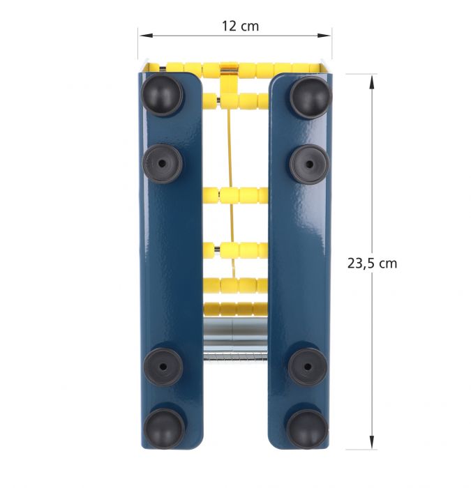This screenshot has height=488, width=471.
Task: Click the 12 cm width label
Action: tap(240, 26)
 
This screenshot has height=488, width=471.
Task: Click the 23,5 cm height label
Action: tap(372, 264)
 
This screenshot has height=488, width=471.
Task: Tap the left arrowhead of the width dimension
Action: tap(146, 36)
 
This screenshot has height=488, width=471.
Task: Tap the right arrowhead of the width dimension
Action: tap(324, 36)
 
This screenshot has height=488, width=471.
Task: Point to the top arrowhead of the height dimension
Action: tap(372, 82)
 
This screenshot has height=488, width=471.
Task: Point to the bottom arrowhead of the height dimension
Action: tap(372, 441)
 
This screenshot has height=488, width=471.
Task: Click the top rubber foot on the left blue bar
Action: tap(162, 95)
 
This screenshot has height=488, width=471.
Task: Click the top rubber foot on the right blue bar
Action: tap(311, 96)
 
